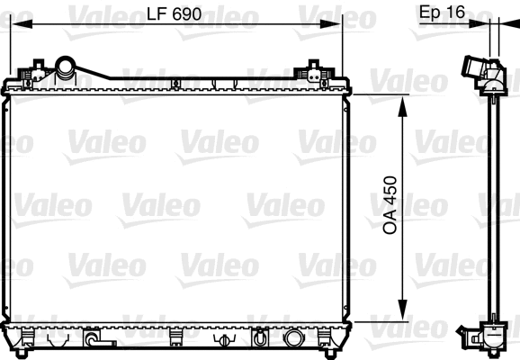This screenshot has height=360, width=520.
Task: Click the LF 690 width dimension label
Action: [x=174, y=13]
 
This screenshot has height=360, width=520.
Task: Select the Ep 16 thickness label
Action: [x=441, y=13]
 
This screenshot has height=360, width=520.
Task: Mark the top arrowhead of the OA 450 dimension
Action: [x=402, y=98]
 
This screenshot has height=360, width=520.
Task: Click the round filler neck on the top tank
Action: [x=66, y=67]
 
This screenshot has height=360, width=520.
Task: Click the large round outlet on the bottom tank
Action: [x=293, y=340]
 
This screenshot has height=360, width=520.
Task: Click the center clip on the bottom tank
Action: [x=175, y=338]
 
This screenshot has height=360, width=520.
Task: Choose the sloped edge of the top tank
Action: [x=100, y=71]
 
